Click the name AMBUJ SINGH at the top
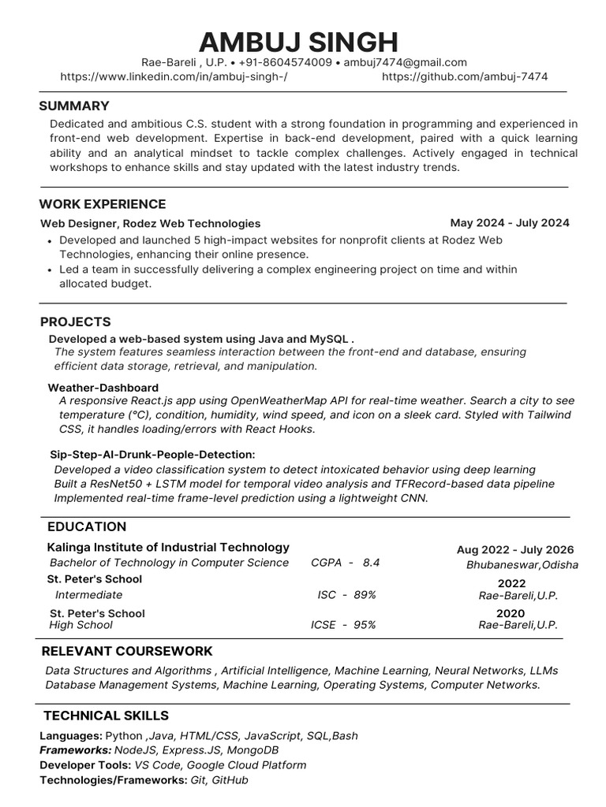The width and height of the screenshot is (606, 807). point(298,41)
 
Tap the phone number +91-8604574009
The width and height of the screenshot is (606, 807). point(285,62)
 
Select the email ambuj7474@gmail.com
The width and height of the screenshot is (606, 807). point(406,62)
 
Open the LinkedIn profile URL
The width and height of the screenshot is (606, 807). point(174,76)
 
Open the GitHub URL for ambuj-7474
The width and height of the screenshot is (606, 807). point(465,76)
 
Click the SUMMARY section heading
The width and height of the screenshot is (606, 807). point(74,106)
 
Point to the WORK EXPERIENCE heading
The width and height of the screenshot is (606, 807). point(103,204)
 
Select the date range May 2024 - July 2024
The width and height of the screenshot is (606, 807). point(510,223)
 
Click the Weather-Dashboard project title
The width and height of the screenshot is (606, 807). point(103,388)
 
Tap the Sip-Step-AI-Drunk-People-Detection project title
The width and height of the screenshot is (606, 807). point(152,455)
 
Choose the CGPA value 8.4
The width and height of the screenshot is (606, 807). point(371,563)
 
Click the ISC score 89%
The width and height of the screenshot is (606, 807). point(365,595)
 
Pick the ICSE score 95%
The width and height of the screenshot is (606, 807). point(365,625)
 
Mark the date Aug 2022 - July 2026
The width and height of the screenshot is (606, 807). point(515,550)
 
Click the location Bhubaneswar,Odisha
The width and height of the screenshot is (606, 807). point(522,565)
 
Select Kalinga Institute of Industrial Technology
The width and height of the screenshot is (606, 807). point(168,547)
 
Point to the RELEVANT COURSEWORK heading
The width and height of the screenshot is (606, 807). point(127,651)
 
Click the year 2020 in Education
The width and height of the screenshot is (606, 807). point(511,613)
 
